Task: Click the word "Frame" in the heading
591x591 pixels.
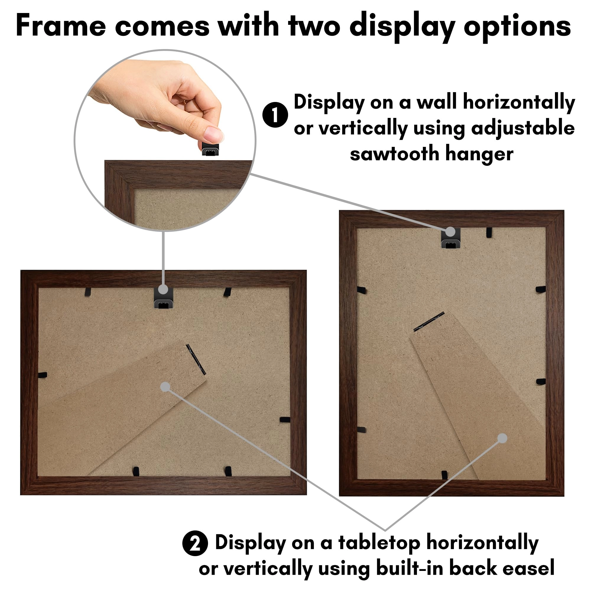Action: coord(61,26)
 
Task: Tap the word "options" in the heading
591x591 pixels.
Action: coord(517,26)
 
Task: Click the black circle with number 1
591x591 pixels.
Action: coord(275,115)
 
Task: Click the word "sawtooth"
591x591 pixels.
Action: coord(395,154)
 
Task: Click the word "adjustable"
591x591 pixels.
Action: coord(523,128)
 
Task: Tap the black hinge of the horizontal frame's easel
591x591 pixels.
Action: coord(196,359)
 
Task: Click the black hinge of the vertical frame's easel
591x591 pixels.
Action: coord(429,321)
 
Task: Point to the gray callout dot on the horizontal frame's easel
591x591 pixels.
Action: coord(165,387)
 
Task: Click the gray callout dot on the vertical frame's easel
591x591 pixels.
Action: coord(502,438)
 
